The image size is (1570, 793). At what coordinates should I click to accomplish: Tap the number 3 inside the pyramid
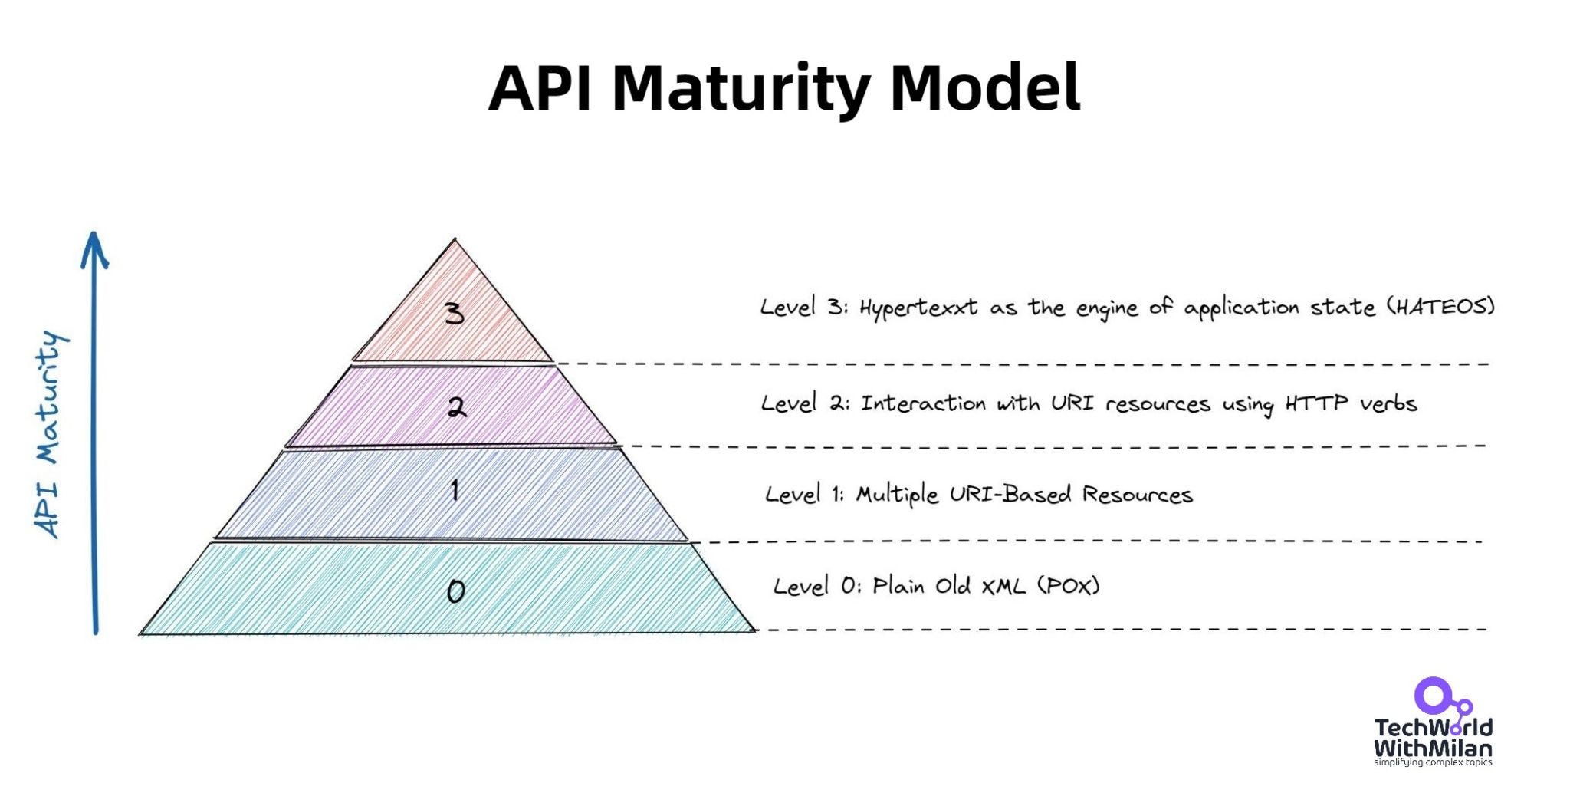pos(455,313)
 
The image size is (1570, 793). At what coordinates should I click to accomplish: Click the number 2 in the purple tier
pos(456,407)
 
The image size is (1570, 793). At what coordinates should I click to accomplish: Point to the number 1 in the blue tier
pos(455,490)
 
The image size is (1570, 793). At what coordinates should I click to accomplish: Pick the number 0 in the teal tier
pos(455,591)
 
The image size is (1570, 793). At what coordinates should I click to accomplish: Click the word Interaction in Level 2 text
pos(923,403)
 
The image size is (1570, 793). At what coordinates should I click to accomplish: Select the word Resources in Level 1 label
pos(1137,495)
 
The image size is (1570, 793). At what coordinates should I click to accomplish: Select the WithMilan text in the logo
pos(1432,748)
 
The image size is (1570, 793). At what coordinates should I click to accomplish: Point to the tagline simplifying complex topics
pos(1432,762)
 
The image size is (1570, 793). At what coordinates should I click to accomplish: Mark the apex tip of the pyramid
pos(455,240)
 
